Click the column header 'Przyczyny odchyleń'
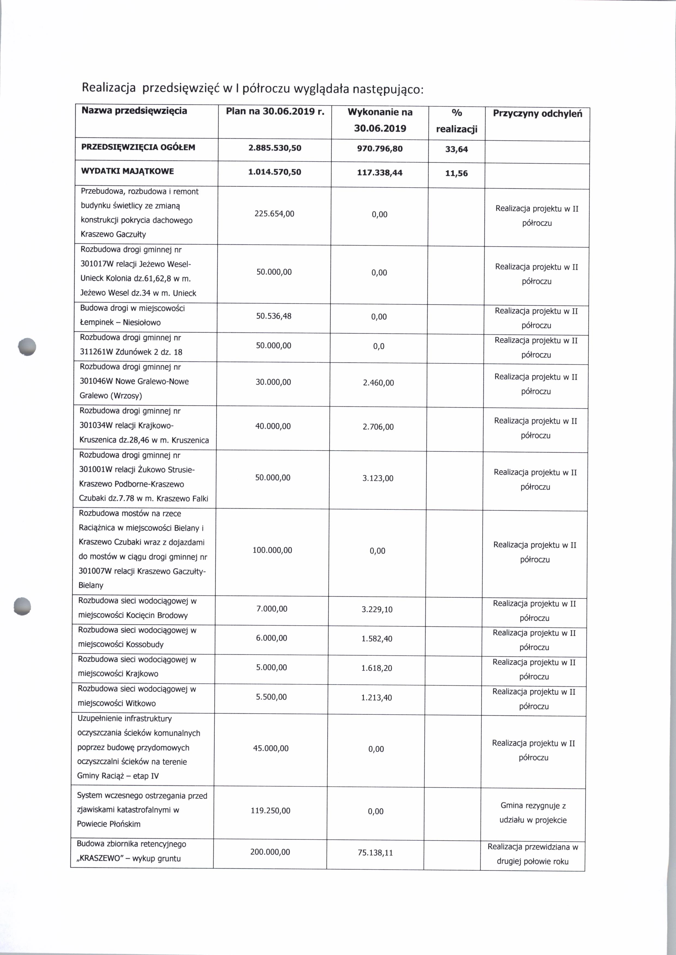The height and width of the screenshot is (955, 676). (x=537, y=114)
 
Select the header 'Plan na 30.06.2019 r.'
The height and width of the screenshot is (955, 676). (x=275, y=111)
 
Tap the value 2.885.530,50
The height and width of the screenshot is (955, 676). (x=275, y=148)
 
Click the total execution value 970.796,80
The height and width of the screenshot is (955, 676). (x=380, y=148)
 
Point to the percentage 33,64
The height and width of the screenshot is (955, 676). (x=456, y=149)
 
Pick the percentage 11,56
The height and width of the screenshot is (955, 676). (x=456, y=173)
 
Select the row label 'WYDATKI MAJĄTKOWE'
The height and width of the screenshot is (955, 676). (x=127, y=171)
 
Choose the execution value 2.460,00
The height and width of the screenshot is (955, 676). (x=378, y=383)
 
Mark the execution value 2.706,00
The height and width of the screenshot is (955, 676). (x=378, y=427)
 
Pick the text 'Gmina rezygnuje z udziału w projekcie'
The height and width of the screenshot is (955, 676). (x=533, y=813)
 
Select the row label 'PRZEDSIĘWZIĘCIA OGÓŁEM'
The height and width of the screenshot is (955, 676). (x=138, y=147)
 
